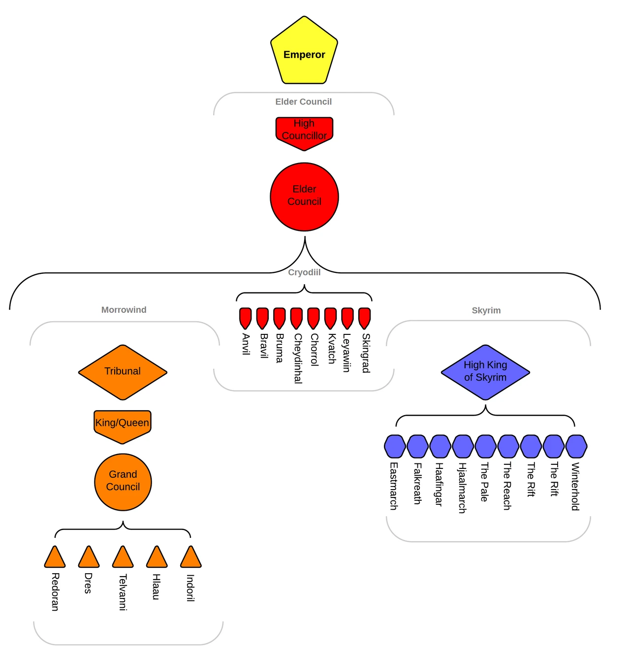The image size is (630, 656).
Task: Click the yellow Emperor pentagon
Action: click(304, 52)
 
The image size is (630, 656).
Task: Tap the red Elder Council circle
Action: click(304, 197)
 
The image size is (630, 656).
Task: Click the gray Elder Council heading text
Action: click(303, 102)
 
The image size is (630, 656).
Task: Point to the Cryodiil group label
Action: click(304, 272)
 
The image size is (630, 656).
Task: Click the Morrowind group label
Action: click(124, 310)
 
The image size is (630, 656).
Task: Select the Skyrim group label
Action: click(486, 310)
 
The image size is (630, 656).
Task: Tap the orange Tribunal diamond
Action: click(123, 372)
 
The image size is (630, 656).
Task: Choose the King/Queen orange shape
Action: click(122, 425)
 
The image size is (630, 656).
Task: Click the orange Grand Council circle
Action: click(123, 481)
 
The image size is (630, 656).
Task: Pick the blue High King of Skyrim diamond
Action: click(485, 372)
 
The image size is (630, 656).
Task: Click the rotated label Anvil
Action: click(246, 344)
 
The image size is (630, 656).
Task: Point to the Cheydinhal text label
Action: click(297, 358)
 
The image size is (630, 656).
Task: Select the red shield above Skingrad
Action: click(364, 318)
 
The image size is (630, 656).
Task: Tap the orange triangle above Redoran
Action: click(55, 558)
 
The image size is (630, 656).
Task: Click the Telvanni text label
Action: click(123, 592)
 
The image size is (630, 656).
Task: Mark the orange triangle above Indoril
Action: click(190, 558)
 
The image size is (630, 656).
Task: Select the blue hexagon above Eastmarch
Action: click(395, 446)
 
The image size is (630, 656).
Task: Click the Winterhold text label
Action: click(575, 487)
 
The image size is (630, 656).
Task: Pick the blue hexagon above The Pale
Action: click(485, 446)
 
